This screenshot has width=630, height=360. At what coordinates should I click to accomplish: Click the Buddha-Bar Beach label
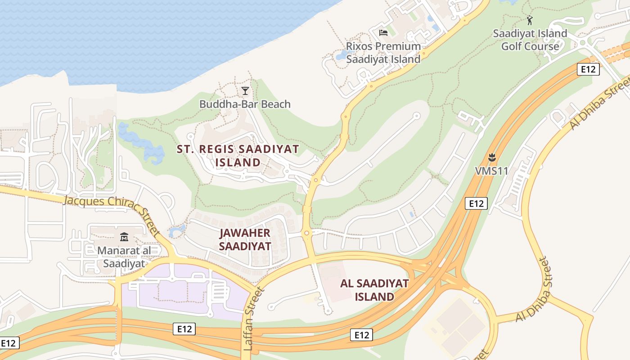pos(245,104)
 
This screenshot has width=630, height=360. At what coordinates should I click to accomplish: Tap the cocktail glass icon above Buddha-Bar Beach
pos(245,91)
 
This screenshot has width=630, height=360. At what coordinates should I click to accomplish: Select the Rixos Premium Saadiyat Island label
pos(383,53)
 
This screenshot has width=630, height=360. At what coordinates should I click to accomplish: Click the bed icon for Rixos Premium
pos(383,32)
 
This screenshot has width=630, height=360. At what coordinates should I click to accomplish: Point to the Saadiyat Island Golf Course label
pos(530,40)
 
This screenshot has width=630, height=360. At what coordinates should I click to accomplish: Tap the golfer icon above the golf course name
pos(530,20)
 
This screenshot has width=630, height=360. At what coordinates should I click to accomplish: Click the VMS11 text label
pos(491,171)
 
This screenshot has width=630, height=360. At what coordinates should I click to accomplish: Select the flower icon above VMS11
pos(491,157)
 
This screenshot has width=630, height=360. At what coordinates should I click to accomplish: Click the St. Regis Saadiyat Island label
pos(238,156)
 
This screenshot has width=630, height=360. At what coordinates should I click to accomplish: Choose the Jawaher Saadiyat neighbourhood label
pos(245,239)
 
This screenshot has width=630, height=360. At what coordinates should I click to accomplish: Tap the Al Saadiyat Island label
pos(374,290)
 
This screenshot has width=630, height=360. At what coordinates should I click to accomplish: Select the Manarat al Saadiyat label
pos(124,257)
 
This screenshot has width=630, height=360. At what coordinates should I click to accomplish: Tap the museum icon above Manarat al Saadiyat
pos(124,237)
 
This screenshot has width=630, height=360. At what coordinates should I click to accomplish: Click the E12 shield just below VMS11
pos(476,203)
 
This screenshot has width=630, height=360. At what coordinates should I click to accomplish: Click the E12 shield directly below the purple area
pos(184,329)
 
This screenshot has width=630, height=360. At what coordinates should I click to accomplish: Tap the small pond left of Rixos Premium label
pos(342,56)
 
